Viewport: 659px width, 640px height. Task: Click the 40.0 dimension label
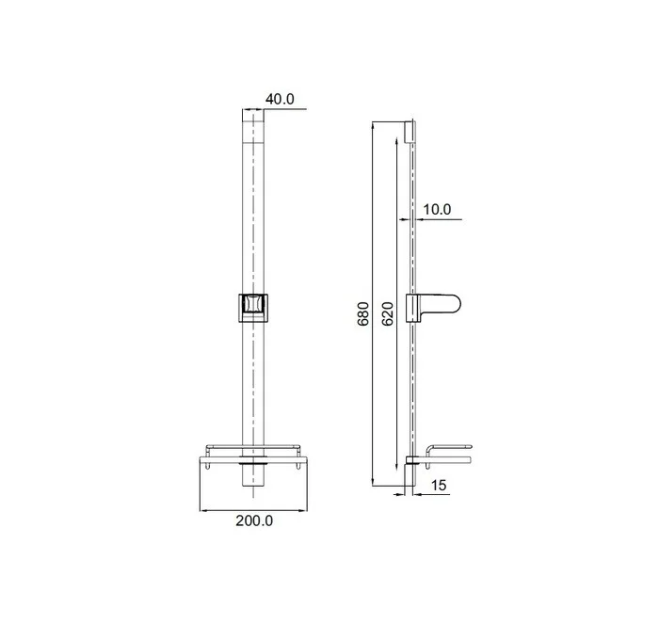click(280, 99)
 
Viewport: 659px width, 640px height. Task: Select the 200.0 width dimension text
click(254, 520)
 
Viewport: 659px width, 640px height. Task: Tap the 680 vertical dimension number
click(363, 313)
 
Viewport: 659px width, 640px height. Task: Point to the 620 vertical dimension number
click(388, 313)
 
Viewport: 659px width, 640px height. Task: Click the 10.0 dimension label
click(437, 209)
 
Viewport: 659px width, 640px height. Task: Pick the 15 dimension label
click(438, 485)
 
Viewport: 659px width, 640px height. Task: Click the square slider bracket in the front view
click(253, 308)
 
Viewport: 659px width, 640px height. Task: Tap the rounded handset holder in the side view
click(433, 308)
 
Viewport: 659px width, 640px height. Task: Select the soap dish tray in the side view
click(448, 455)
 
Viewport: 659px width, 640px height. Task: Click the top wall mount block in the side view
click(409, 132)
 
